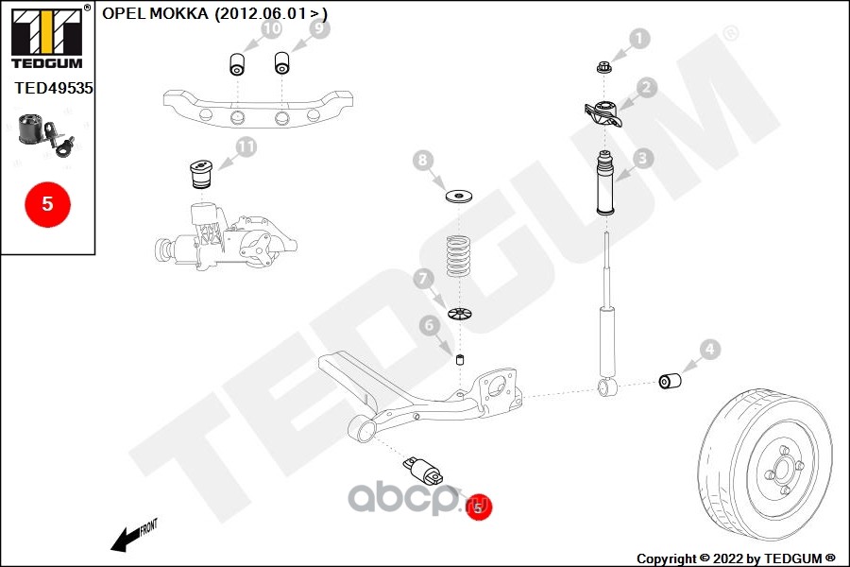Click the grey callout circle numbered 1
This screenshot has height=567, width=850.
640,39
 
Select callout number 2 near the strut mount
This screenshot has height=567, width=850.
646,88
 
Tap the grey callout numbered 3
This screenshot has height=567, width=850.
643,159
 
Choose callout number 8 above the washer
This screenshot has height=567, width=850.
424,161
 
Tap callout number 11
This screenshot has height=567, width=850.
246,146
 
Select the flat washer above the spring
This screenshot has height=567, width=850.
459,197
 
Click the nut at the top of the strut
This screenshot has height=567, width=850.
604,66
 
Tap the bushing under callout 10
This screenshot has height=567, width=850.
238,65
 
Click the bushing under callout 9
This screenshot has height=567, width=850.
281,64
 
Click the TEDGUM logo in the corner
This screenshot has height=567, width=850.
46,38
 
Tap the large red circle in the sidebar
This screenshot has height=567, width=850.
47,203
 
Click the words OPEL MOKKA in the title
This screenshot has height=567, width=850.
156,13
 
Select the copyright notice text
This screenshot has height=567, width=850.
736,558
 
